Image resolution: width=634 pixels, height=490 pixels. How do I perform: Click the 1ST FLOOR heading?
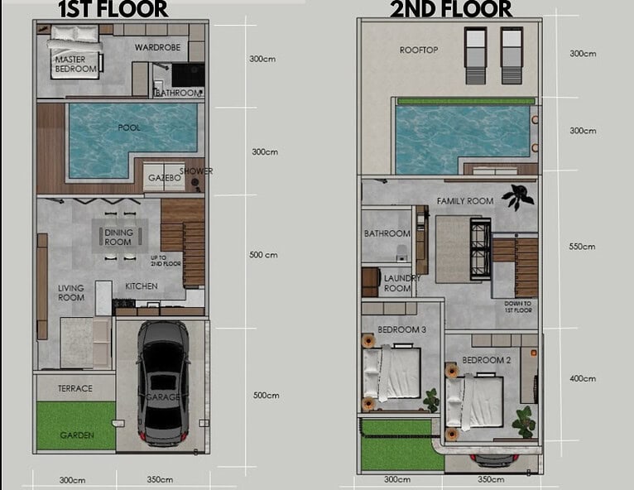[x=113, y=9]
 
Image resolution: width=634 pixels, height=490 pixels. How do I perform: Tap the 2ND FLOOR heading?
[x=451, y=9]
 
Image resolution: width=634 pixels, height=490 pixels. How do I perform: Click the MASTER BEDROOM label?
[x=76, y=65]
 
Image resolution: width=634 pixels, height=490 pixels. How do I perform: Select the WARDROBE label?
[x=158, y=47]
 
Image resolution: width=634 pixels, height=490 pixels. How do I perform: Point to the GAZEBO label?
[x=164, y=178]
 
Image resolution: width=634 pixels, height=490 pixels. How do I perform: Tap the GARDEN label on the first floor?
[x=77, y=435]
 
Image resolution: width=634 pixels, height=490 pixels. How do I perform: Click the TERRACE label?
[x=75, y=388]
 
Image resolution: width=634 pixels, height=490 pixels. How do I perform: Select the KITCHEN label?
[x=142, y=286]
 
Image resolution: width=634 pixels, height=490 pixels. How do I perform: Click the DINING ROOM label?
[x=118, y=238]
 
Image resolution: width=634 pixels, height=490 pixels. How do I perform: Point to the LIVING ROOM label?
[x=71, y=293]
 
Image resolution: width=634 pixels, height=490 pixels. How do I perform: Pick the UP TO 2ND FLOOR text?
[x=166, y=261]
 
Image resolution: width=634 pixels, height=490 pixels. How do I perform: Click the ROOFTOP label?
[x=419, y=50]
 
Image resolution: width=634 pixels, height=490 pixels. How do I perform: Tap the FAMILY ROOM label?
[x=465, y=201]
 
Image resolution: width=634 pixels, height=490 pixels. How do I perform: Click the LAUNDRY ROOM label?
[x=402, y=283]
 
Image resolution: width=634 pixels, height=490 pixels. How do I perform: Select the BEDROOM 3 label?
[x=402, y=330]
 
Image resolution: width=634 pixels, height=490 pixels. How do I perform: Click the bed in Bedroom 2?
[x=475, y=402]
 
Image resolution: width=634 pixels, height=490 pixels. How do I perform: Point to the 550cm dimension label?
[x=582, y=247]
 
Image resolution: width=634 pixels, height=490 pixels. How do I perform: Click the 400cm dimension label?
[x=583, y=379]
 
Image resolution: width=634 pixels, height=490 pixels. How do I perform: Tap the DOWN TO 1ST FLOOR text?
[x=518, y=307]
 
